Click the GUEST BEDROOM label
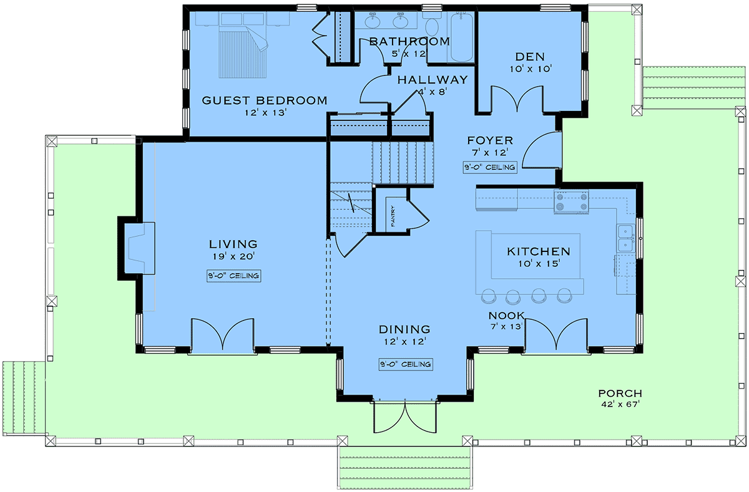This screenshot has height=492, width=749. [265, 100]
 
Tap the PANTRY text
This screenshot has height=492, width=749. [393, 216]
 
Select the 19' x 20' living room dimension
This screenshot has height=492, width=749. [233, 256]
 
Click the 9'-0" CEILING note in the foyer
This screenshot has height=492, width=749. [490, 167]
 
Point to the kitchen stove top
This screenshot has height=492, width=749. [571, 202]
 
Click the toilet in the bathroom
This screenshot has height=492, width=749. [432, 24]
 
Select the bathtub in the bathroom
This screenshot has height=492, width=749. [461, 37]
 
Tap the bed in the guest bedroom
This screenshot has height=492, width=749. [243, 45]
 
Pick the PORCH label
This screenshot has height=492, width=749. [620, 393]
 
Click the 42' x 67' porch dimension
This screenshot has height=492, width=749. [620, 405]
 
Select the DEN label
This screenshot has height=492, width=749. [530, 57]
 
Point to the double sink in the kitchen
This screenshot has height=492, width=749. [625, 238]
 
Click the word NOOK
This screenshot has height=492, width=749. [507, 316]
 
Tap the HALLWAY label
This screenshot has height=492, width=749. [433, 80]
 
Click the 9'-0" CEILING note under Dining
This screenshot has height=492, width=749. [406, 364]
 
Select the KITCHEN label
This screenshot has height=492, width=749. [539, 251]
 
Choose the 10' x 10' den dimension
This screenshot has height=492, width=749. [531, 69]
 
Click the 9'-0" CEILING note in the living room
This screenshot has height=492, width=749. [233, 276]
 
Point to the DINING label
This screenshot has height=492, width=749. [404, 329]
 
